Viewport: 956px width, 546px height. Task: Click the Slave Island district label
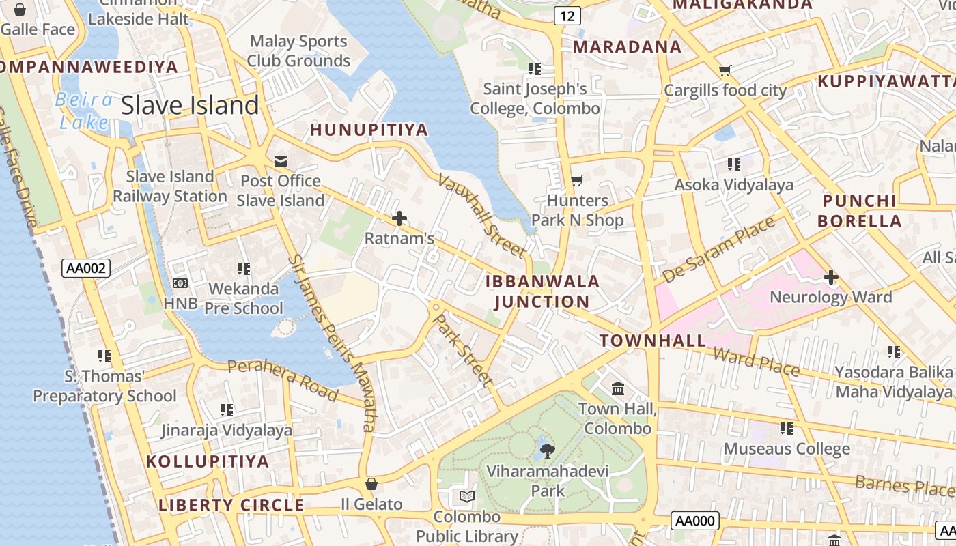click(190, 106)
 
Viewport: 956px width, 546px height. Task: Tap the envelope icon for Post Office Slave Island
click(281, 161)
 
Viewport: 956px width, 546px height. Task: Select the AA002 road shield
click(86, 268)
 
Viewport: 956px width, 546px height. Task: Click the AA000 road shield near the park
click(695, 521)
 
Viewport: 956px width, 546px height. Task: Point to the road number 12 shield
click(567, 15)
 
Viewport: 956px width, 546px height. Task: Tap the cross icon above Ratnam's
click(399, 218)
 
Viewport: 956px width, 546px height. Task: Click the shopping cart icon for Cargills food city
click(725, 70)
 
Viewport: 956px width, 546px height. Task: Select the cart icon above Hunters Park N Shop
click(577, 181)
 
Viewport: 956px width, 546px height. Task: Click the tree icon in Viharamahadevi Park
click(547, 450)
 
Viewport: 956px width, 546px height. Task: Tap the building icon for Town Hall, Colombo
click(618, 388)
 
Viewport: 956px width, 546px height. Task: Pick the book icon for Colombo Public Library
click(467, 496)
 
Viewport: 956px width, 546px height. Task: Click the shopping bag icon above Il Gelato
click(371, 484)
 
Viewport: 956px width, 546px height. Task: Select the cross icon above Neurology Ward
click(830, 277)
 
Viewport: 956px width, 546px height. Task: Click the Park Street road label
click(464, 349)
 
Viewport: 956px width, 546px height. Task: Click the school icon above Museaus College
click(787, 429)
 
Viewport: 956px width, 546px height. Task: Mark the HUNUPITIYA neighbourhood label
click(369, 130)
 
